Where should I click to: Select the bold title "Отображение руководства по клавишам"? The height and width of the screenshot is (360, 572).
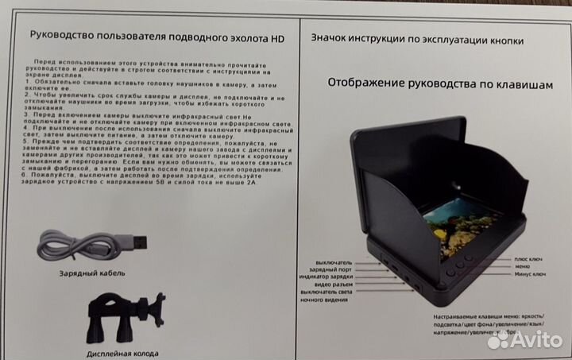pyautogui.click(x=439, y=83)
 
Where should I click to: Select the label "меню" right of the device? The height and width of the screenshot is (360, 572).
pyautogui.click(x=522, y=266)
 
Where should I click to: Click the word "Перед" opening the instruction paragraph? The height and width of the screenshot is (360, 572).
pyautogui.click(x=45, y=61)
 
